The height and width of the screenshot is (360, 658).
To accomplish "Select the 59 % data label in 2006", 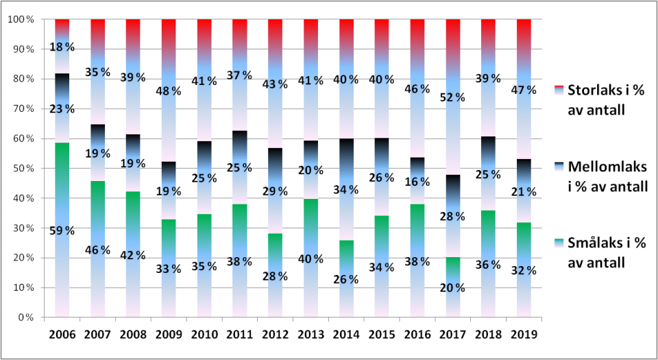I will [62, 230].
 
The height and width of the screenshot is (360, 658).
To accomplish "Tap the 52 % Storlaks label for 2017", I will [452, 98].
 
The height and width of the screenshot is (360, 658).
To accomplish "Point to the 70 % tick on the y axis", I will [21, 108].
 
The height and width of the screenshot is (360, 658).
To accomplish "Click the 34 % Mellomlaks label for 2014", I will [346, 189].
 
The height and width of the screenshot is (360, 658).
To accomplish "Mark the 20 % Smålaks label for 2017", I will [452, 287].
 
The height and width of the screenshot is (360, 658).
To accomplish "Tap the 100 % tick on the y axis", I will [19, 19].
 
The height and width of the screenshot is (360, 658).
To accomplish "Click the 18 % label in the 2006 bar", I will [62, 47].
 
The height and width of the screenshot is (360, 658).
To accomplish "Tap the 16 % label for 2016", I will [417, 182].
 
